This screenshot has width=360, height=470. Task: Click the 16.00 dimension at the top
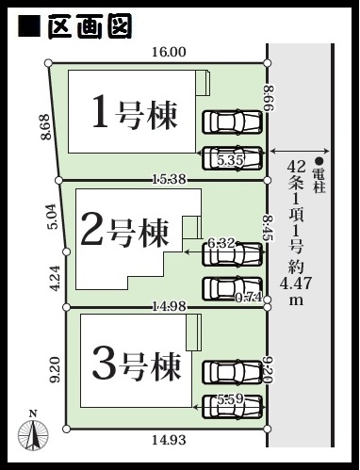pyautogui.click(x=169, y=52)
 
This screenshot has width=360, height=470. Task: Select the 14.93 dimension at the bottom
pyautogui.click(x=169, y=440)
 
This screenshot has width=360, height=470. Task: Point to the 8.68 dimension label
pyautogui.click(x=45, y=126)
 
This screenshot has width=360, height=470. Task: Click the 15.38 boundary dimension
pyautogui.click(x=169, y=179)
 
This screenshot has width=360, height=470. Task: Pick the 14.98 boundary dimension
pyautogui.click(x=169, y=306)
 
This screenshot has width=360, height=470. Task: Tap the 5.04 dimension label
pyautogui.click(x=54, y=217)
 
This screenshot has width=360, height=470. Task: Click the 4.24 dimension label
pyautogui.click(x=55, y=279)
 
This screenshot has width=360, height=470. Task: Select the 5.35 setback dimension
pyautogui.click(x=231, y=160)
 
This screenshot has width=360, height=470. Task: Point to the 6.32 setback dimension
pyautogui.click(x=221, y=243)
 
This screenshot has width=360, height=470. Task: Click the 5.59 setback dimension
pyautogui.click(x=230, y=399)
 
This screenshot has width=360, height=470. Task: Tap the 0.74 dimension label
pyautogui.click(x=249, y=298)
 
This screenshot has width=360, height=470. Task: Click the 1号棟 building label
pyautogui.click(x=135, y=115)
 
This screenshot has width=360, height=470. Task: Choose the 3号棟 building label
pyautogui.click(x=137, y=366)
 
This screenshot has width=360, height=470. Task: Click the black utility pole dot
pyautogui.click(x=319, y=161)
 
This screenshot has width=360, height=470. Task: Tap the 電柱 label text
pyautogui.click(x=319, y=181)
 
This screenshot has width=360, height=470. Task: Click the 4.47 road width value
pyautogui.click(x=296, y=284)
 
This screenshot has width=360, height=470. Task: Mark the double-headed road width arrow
pyautogui.click(x=300, y=152)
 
